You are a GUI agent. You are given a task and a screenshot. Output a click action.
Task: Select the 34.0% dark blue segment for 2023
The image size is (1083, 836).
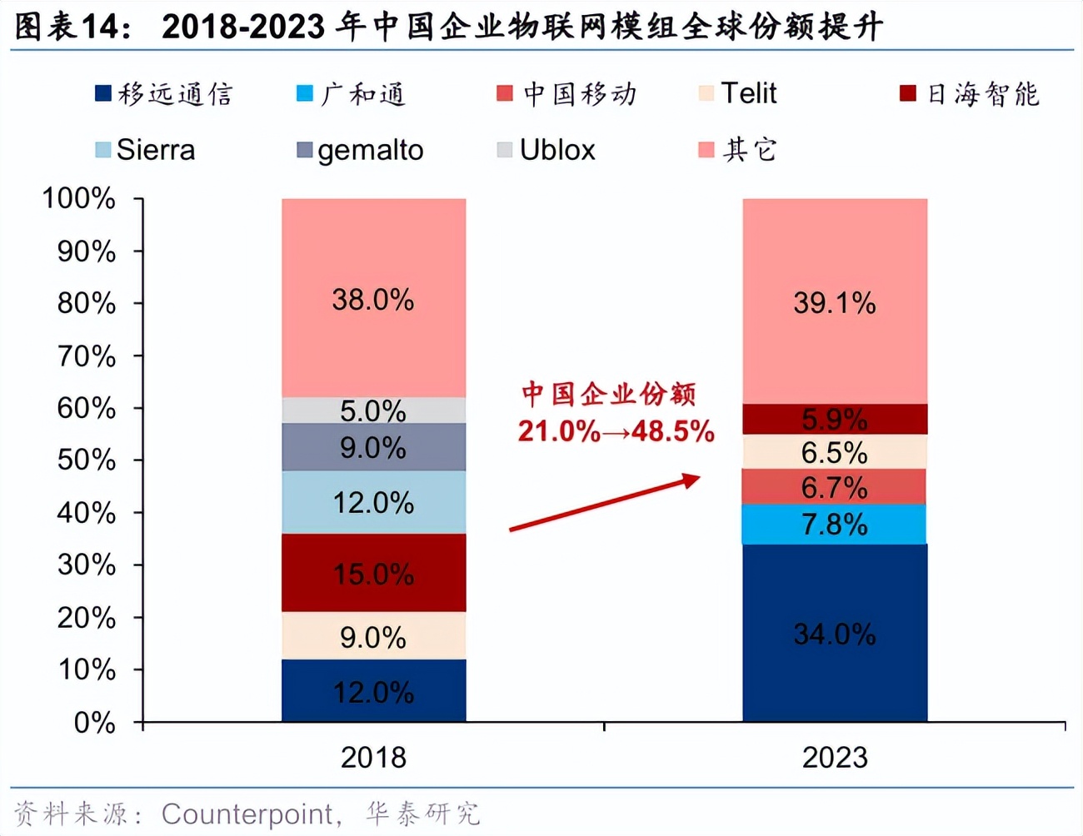pyautogui.click(x=835, y=633)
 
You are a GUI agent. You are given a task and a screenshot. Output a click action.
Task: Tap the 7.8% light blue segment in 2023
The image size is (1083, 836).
pyautogui.click(x=835, y=525)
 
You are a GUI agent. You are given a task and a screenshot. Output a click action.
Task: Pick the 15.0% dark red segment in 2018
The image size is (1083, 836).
pyautogui.click(x=373, y=573)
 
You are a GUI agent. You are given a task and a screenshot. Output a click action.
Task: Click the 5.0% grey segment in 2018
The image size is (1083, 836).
pyautogui.click(x=373, y=411)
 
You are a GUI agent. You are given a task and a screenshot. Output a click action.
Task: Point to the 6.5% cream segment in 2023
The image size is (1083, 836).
pyautogui.click(x=835, y=452)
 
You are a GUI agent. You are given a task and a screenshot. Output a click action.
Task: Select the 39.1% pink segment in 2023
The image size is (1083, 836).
pyautogui.click(x=835, y=301)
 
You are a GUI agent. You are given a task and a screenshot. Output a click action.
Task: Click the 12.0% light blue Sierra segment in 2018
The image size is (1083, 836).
pyautogui.click(x=373, y=502)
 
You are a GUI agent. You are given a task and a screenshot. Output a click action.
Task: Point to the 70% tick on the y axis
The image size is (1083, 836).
pyautogui.click(x=86, y=356)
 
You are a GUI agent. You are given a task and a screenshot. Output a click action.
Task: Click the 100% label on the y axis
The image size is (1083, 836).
pyautogui.click(x=79, y=198)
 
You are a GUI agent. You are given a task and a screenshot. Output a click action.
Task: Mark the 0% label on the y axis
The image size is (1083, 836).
pyautogui.click(x=94, y=722)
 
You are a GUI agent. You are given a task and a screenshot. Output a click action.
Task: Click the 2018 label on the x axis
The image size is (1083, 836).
pyautogui.click(x=373, y=758)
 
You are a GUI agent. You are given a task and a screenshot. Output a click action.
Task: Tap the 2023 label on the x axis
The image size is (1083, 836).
pyautogui.click(x=835, y=758)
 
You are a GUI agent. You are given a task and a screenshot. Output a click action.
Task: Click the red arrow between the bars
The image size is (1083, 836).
pyautogui.click(x=605, y=502)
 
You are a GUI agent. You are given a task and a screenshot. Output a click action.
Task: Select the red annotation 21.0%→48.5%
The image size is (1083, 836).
pyautogui.click(x=616, y=431)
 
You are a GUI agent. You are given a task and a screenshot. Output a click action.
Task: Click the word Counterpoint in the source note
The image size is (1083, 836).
pyautogui.click(x=247, y=814)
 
